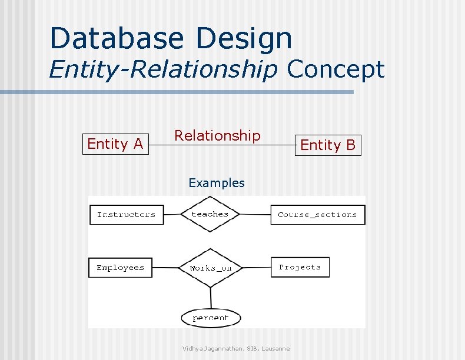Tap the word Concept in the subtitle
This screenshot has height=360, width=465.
pos(336,69)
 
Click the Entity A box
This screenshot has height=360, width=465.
pos(115,144)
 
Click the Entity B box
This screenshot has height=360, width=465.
pos(328,145)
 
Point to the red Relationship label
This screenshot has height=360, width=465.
pos(217,136)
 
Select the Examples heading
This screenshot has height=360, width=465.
pos(216,183)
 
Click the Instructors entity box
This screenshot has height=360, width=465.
pos(126,215)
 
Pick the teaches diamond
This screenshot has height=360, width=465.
pos(210,215)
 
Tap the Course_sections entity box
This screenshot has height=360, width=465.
pos(317,215)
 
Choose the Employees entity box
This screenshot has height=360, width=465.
pos(120,268)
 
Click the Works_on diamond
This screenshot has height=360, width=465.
pos(210,268)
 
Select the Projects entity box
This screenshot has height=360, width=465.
pos(300,267)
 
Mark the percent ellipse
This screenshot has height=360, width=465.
pos(210,318)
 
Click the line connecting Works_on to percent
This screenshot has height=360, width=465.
pos(210,298)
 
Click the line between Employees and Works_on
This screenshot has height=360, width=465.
pos(165,268)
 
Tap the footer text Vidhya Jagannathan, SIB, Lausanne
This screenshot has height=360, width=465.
pos(235,349)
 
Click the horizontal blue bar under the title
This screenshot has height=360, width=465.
pos(177,92)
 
